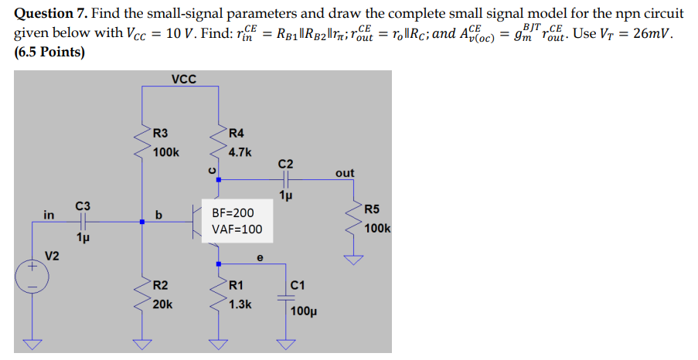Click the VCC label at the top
pyautogui.click(x=183, y=79)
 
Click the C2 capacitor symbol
pyautogui.click(x=285, y=179)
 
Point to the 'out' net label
pyautogui.click(x=346, y=173)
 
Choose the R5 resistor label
pyautogui.click(x=371, y=209)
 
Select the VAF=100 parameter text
pyautogui.click(x=237, y=229)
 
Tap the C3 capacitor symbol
pyautogui.click(x=83, y=222)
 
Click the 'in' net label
pyautogui.click(x=49, y=216)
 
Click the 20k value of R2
pyautogui.click(x=162, y=304)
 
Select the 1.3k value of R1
pyautogui.click(x=240, y=304)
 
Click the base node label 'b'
pyautogui.click(x=158, y=216)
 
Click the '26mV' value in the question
pyautogui.click(x=657, y=35)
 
